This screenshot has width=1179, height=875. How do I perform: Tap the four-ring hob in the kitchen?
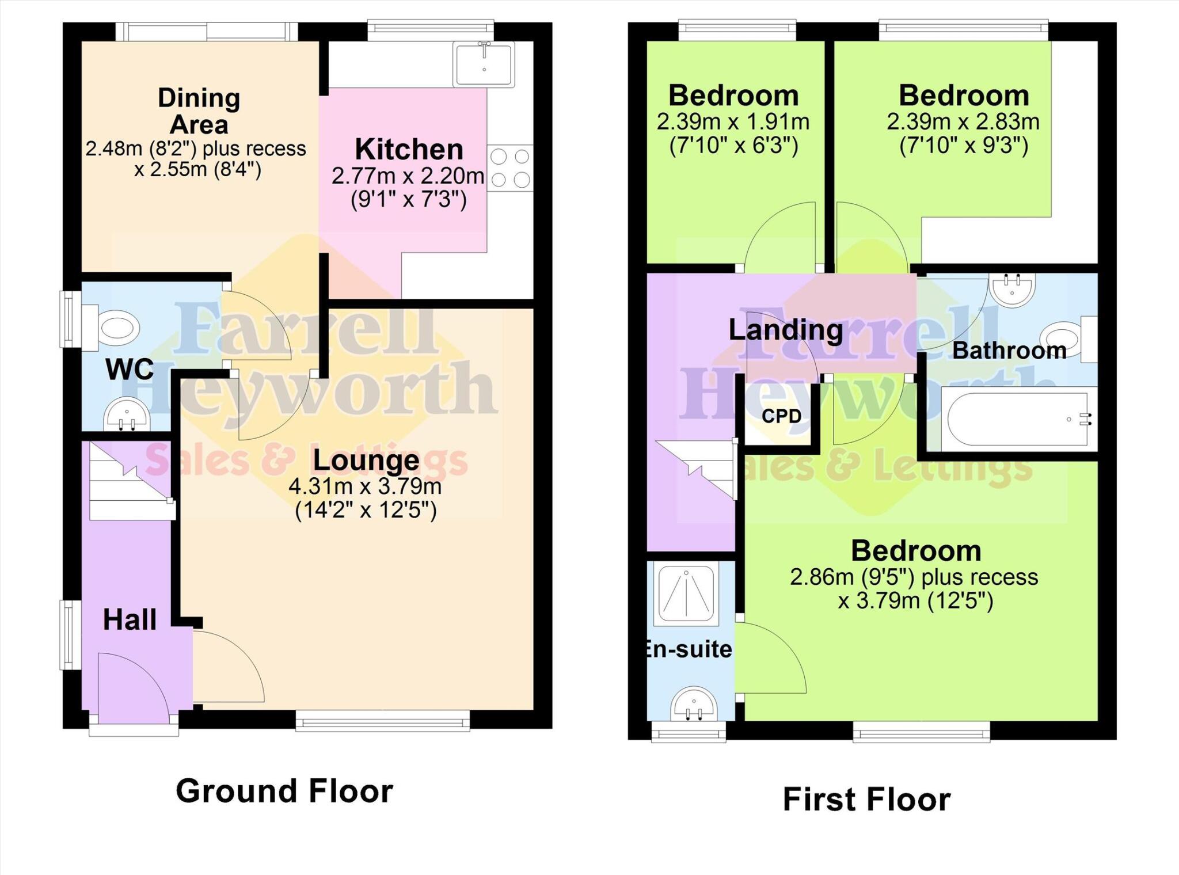[510, 168]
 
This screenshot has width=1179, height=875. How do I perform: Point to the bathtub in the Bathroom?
[1017, 419]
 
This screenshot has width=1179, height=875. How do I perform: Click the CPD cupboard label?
[781, 416]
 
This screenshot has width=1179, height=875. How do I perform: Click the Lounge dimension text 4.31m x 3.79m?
[365, 487]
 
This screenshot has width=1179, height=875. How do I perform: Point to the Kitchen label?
[409, 150]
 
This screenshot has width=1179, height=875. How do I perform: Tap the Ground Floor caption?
[284, 791]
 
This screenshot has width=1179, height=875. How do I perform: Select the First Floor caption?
[866, 800]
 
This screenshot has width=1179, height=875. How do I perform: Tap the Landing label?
[785, 330]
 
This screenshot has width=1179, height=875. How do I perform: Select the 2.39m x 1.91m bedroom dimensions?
[733, 122]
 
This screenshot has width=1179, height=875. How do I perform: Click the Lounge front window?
[383, 720]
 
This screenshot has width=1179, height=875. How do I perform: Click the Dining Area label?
[199, 111]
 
